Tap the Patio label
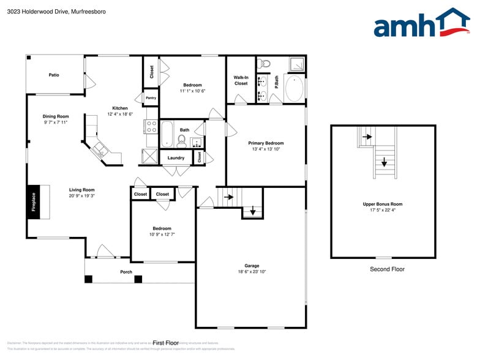pos(54,75)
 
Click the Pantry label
pos(151,97)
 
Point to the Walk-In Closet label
pos(241,80)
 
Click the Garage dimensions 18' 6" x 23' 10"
pos(252,272)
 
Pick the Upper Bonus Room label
pos(383,204)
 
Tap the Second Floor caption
pos(387,269)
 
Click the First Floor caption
pos(165,343)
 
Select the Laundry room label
pos(176,157)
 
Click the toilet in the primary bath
pos(264,62)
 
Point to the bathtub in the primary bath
pos(294,89)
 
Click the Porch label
pos(126,272)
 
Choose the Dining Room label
pos(55,116)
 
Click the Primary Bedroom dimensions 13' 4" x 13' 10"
pos(266,149)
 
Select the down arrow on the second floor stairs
pos(384,163)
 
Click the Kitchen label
pos(120,108)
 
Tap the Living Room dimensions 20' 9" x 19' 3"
pos(81,196)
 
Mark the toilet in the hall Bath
pos(181,141)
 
